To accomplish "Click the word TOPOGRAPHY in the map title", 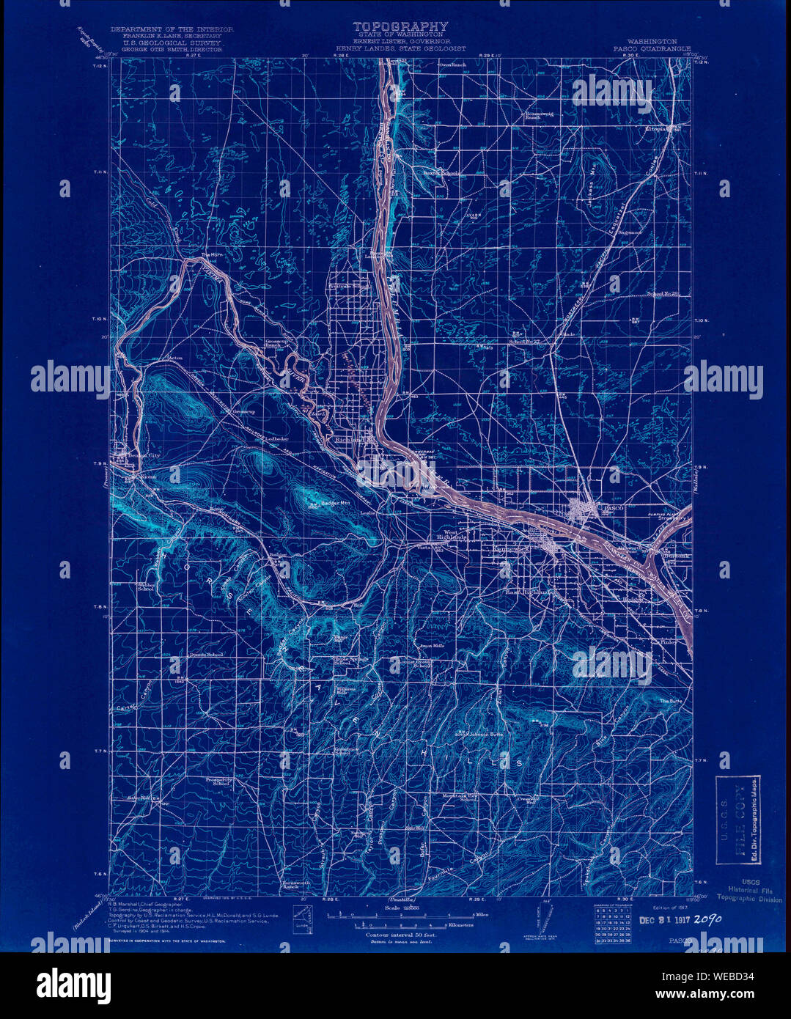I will pyautogui.click(x=400, y=27).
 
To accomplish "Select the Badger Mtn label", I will pyautogui.click(x=335, y=504).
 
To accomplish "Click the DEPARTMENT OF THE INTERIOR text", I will pyautogui.click(x=172, y=29).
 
